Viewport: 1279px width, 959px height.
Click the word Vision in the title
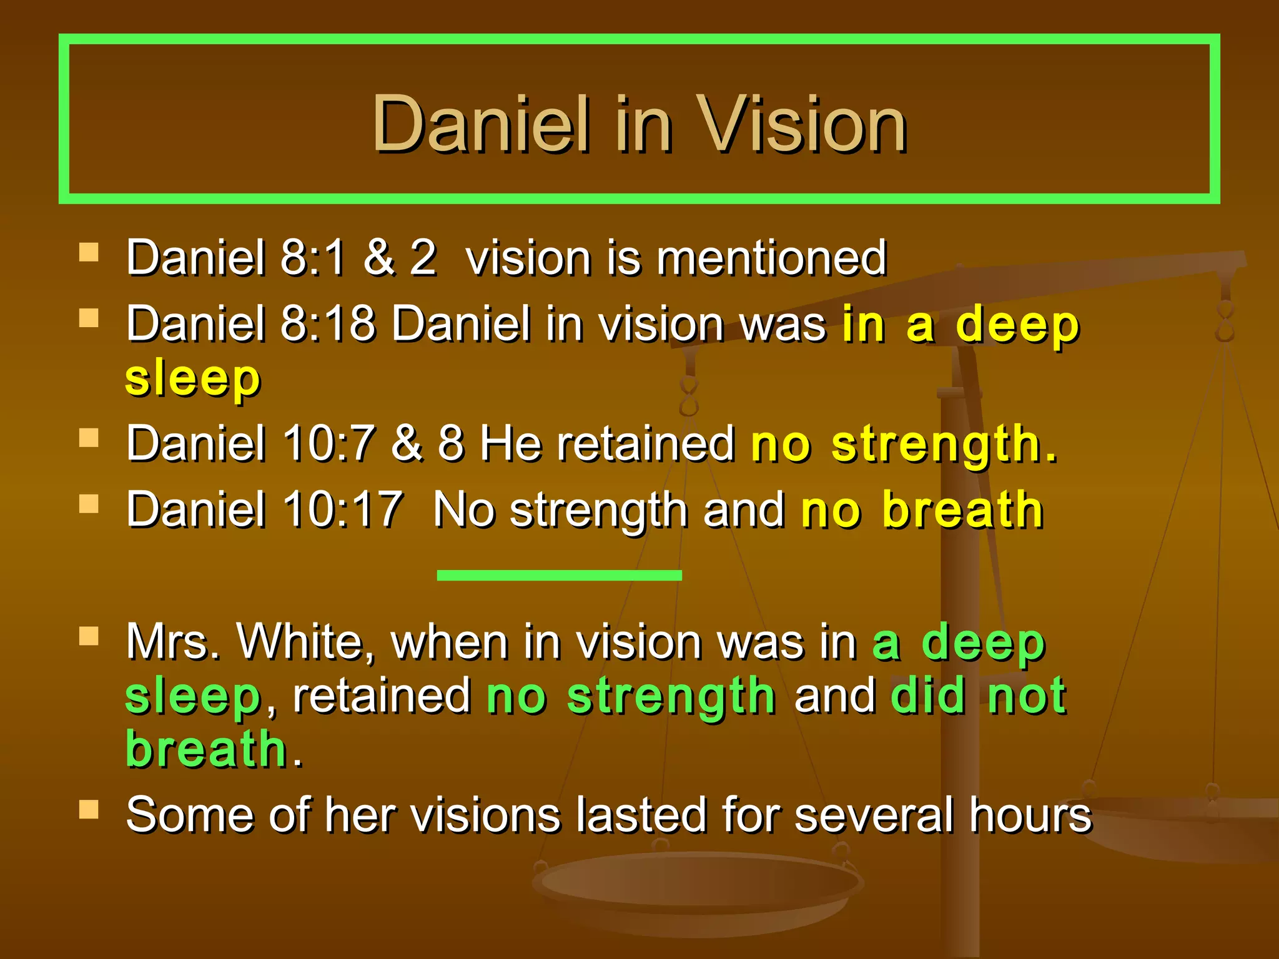(x=802, y=124)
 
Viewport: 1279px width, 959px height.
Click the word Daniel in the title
(x=481, y=124)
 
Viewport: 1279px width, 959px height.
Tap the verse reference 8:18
(x=328, y=324)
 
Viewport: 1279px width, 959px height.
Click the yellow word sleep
(x=192, y=378)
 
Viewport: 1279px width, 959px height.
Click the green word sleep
(x=192, y=696)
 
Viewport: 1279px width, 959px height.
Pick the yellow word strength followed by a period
(x=943, y=444)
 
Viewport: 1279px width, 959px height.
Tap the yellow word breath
(x=962, y=509)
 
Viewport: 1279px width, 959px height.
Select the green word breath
(x=206, y=749)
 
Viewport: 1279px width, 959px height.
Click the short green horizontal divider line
(x=559, y=575)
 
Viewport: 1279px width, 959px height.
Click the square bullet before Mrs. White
(x=89, y=636)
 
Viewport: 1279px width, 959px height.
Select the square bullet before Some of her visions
(x=89, y=809)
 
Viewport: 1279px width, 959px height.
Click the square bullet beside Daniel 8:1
(x=89, y=252)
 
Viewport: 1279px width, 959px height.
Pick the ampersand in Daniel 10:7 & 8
(x=407, y=444)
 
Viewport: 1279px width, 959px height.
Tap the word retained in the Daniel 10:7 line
(x=646, y=444)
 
